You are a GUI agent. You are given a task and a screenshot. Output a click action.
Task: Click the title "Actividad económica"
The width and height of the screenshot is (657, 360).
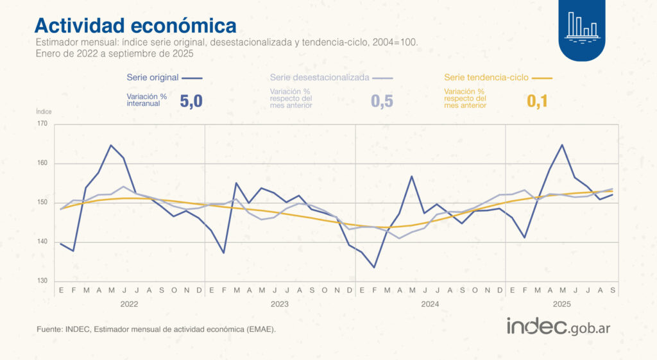(x=135, y=25)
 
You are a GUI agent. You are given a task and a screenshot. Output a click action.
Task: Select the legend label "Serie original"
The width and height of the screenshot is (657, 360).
(x=153, y=77)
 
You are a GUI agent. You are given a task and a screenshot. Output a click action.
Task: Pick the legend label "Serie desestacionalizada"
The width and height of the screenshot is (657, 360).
(x=320, y=77)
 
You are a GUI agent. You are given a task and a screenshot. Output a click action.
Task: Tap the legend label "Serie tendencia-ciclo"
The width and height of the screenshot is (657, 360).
(x=486, y=77)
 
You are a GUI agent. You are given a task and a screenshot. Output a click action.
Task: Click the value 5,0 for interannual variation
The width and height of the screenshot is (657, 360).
(x=191, y=101)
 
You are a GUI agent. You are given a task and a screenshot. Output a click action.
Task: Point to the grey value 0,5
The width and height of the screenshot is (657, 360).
(x=382, y=101)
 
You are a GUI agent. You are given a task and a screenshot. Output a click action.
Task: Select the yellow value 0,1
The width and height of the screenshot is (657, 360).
(x=537, y=101)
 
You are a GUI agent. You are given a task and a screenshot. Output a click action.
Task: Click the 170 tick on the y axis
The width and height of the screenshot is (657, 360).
(x=42, y=124)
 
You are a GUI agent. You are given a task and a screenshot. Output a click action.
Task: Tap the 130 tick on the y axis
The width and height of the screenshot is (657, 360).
(x=42, y=281)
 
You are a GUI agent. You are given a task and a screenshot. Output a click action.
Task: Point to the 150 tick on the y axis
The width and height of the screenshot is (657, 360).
(x=42, y=203)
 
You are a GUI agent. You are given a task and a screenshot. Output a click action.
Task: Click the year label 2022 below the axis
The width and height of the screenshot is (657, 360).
(x=130, y=304)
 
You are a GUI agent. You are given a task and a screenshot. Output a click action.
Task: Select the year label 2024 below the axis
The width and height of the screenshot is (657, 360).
(x=430, y=304)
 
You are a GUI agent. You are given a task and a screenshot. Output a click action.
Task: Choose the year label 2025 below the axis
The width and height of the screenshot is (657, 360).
(x=562, y=304)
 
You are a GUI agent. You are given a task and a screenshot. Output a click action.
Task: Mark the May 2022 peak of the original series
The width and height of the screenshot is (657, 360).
(x=111, y=145)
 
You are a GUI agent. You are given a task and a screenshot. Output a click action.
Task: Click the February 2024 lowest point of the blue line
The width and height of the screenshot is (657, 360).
(x=374, y=268)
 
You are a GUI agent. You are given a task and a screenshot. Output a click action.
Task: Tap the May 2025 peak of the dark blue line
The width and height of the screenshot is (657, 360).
(x=563, y=145)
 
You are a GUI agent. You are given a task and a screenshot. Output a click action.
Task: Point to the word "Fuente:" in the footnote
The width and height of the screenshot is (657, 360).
(x=49, y=329)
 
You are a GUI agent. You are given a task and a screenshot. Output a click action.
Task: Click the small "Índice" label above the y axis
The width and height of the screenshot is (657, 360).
(x=44, y=112)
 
